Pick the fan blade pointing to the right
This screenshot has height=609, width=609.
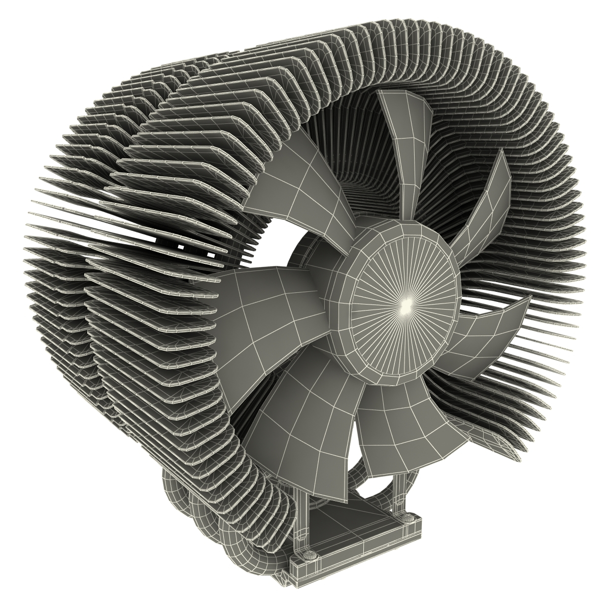[487, 330]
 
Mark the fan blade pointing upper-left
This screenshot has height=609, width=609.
[299, 193]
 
